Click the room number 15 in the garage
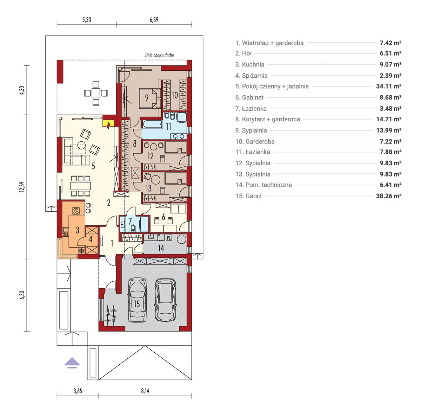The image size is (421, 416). (x=136, y=304)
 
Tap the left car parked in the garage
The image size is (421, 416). (x=138, y=300)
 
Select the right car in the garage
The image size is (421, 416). (x=166, y=300)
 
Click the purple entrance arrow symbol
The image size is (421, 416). (x=72, y=363)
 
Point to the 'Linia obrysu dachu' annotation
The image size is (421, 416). (x=159, y=55)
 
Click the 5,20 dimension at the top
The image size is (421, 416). (x=86, y=20)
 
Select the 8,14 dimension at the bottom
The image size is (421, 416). (x=145, y=391)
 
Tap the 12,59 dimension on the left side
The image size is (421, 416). (x=22, y=187)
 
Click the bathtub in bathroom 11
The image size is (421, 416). (x=152, y=124)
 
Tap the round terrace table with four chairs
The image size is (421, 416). (x=96, y=93)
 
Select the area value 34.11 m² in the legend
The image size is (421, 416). (x=388, y=86)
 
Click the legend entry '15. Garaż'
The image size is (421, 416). (x=248, y=196)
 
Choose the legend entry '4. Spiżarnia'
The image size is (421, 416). (x=251, y=76)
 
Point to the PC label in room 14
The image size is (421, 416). (x=169, y=238)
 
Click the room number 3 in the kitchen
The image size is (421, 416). (x=77, y=230)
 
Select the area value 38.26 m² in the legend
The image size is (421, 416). (x=388, y=196)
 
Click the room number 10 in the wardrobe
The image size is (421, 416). (x=174, y=95)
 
